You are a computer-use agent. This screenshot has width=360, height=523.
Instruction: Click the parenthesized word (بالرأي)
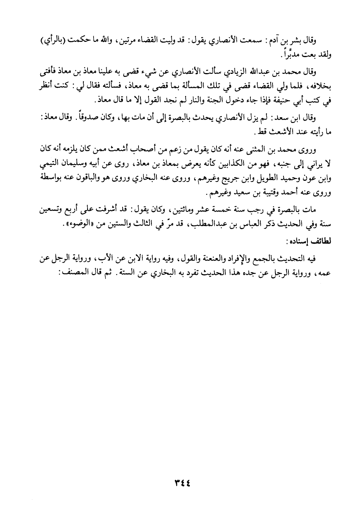(52, 41)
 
